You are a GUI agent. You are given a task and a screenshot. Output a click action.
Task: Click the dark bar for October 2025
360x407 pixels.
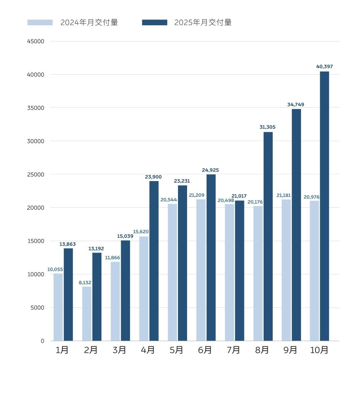click(x=324, y=206)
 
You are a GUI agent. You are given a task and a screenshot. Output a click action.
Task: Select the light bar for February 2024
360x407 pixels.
click(x=87, y=314)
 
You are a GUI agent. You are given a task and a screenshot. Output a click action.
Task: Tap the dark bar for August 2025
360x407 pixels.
click(x=268, y=236)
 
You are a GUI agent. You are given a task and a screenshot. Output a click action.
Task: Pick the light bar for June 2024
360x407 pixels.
click(x=201, y=270)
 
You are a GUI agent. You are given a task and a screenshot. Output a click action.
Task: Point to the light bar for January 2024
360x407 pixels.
click(x=58, y=307)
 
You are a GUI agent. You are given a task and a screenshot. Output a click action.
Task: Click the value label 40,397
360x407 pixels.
click(x=324, y=67)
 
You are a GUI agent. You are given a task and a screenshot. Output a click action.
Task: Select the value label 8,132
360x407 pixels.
click(x=85, y=283)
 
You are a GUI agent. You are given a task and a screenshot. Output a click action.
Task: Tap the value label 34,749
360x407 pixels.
click(x=296, y=105)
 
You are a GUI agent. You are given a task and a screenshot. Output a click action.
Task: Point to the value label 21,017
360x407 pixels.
click(x=239, y=196)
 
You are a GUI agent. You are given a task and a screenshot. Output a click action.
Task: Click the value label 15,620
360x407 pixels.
click(x=141, y=232)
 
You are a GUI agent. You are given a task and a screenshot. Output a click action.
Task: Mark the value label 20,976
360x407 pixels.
click(x=311, y=197)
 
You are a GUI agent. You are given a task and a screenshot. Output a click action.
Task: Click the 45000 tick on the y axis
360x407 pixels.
click(x=35, y=41)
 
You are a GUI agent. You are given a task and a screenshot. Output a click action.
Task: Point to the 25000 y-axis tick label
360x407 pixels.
click(x=35, y=175)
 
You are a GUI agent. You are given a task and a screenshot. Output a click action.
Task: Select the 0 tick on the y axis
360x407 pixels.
click(x=42, y=341)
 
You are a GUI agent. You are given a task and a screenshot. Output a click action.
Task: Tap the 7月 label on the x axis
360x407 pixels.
click(x=233, y=350)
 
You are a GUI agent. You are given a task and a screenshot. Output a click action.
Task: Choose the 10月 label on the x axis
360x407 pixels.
click(x=319, y=350)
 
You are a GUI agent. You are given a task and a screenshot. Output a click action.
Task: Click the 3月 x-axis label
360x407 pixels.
click(x=119, y=350)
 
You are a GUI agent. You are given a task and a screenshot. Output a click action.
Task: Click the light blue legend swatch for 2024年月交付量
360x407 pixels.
click(x=40, y=23)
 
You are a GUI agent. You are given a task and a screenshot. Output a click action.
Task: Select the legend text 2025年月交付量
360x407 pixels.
click(x=203, y=23)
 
